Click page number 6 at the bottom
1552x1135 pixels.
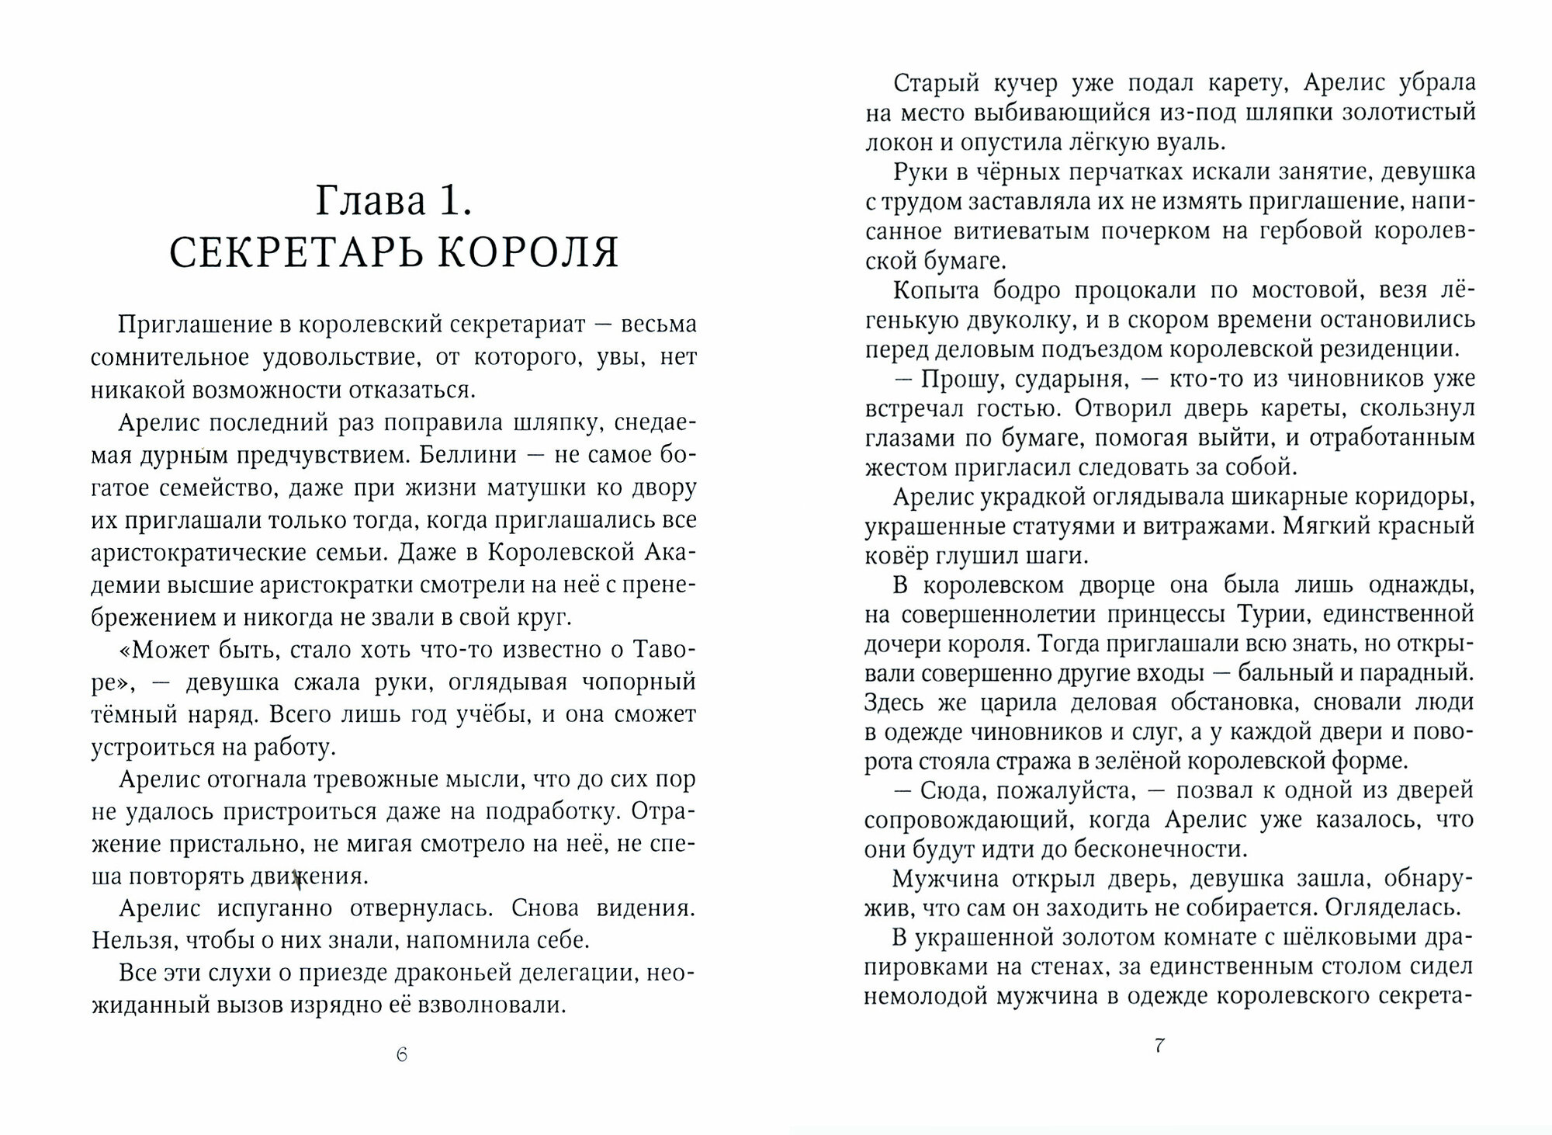401,1054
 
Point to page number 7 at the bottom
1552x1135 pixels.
1159,1045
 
